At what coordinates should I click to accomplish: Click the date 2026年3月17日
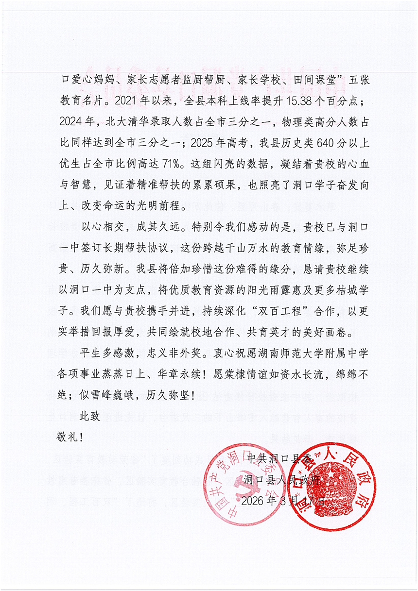[x=283, y=501]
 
